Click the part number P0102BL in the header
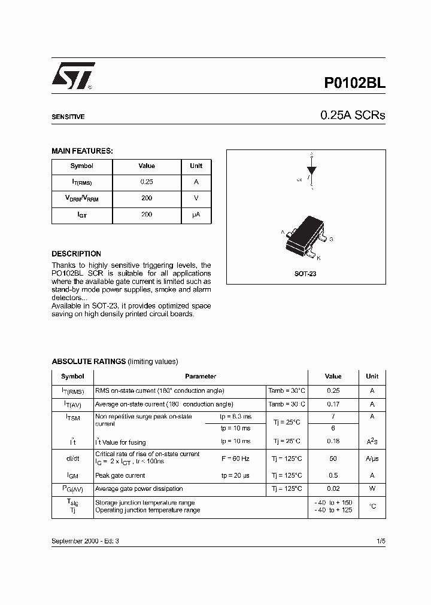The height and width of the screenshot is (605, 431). click(355, 84)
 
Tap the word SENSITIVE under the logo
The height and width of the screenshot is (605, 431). click(68, 117)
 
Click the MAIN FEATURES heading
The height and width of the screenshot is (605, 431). click(82, 151)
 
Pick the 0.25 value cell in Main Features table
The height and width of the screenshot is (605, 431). click(147, 182)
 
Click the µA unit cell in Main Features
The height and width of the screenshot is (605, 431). click(196, 214)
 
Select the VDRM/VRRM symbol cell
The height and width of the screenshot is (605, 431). click(81, 198)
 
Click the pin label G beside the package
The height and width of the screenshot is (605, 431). click(332, 239)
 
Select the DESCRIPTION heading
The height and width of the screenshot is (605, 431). click(76, 253)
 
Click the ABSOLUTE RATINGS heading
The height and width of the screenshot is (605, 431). click(89, 361)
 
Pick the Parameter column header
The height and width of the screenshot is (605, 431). click(201, 377)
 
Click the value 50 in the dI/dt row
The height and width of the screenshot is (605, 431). click(333, 459)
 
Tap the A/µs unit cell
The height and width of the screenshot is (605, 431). click(372, 459)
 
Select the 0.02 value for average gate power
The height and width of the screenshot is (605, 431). click(333, 489)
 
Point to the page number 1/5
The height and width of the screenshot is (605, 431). click(381, 540)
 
